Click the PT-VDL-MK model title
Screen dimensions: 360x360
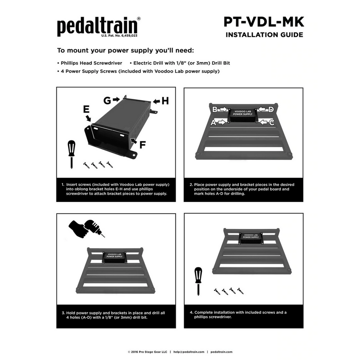[x=264, y=22]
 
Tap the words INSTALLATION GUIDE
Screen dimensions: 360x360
[x=264, y=35]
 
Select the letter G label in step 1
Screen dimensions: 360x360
[x=107, y=101]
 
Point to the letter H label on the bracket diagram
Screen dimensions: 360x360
[x=165, y=101]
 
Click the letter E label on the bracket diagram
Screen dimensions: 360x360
[x=86, y=109]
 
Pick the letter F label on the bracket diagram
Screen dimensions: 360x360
[x=143, y=145]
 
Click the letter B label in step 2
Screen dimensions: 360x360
[x=215, y=109]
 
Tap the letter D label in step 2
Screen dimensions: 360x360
[x=271, y=109]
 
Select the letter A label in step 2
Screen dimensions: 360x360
[x=214, y=122]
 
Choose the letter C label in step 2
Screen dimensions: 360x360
[x=272, y=122]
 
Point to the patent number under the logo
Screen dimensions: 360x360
[x=119, y=36]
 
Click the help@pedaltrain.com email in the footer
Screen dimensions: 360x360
[x=189, y=352]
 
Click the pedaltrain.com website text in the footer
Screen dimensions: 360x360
[x=222, y=352]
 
